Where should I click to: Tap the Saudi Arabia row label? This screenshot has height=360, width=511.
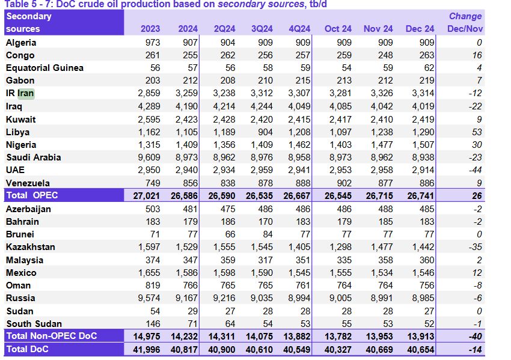(33, 157)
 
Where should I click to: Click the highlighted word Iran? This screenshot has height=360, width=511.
(26, 93)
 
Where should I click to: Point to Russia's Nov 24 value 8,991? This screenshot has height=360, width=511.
(378, 298)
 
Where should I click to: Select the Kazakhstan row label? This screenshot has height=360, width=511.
(30, 247)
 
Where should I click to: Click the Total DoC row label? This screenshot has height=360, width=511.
(28, 349)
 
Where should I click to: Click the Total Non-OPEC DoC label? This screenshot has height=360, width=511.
(51, 336)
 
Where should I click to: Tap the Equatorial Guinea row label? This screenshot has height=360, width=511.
(44, 68)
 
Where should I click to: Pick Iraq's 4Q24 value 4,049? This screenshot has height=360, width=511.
(298, 106)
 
